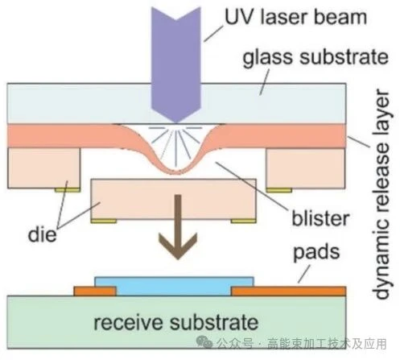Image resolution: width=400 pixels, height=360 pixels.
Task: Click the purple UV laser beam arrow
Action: pos(176,64)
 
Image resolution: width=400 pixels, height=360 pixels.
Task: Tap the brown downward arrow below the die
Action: pos(178,227)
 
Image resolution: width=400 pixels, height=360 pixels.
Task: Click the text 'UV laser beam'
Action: pos(295,17)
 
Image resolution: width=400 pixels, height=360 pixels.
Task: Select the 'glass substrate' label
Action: pos(315,58)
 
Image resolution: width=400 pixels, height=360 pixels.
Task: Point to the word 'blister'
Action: pos(320,218)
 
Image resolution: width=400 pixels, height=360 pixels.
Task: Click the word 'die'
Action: pos(43,234)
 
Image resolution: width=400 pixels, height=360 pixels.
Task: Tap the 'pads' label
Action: pos(316,253)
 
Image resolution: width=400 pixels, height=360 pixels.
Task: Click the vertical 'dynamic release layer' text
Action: pos(382,195)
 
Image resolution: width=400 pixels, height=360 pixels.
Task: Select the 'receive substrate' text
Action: pos(176,322)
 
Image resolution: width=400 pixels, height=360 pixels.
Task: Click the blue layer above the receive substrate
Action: pos(174,286)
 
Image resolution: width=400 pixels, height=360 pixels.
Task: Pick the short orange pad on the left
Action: pos(95,291)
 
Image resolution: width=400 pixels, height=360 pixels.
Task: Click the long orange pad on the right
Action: pos(289,291)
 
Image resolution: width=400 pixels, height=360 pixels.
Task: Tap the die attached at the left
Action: pos(43,168)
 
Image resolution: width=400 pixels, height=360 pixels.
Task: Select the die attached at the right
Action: pos(305,168)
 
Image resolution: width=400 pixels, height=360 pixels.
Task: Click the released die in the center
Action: pos(174,199)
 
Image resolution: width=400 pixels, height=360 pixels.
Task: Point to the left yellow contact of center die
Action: pos(104,221)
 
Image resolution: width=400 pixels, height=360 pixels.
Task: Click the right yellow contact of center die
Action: pos(243,221)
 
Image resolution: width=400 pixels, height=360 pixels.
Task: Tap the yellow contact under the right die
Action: pos(279,190)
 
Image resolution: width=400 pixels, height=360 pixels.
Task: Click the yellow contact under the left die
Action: pos(68,190)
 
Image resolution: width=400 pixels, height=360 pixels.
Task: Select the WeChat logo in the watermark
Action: pos(204,342)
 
